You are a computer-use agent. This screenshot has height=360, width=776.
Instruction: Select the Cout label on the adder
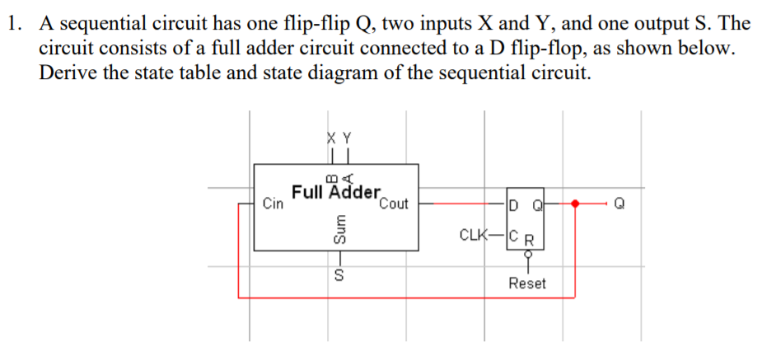pos(394,204)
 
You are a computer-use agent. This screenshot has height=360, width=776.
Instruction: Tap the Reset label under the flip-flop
pos(527,283)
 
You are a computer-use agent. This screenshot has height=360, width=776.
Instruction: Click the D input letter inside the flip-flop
pos(514,203)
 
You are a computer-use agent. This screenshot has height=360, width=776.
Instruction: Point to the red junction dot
pos(576,203)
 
